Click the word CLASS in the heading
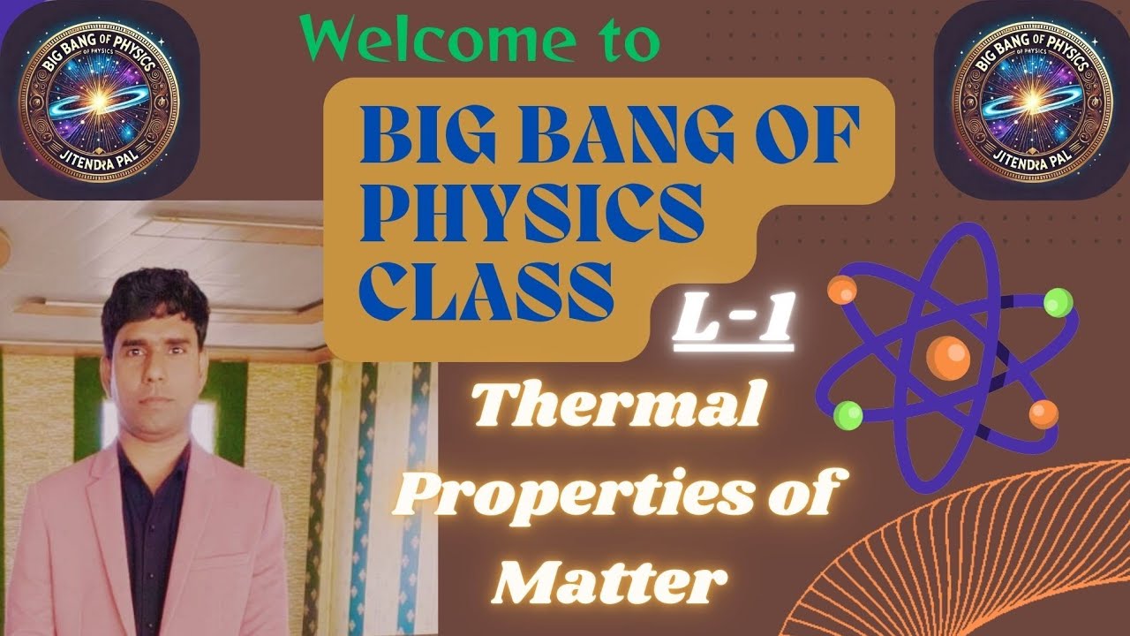pyautogui.click(x=486, y=292)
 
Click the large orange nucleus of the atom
pyautogui.click(x=948, y=357)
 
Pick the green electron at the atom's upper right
pyautogui.click(x=1057, y=303)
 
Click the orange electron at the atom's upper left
pyautogui.click(x=841, y=289)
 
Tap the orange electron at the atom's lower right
pyautogui.click(x=1043, y=413)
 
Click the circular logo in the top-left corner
pyautogui.click(x=99, y=98)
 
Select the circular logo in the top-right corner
pyautogui.click(x=1030, y=98)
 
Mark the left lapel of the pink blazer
pyautogui.click(x=102, y=512)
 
